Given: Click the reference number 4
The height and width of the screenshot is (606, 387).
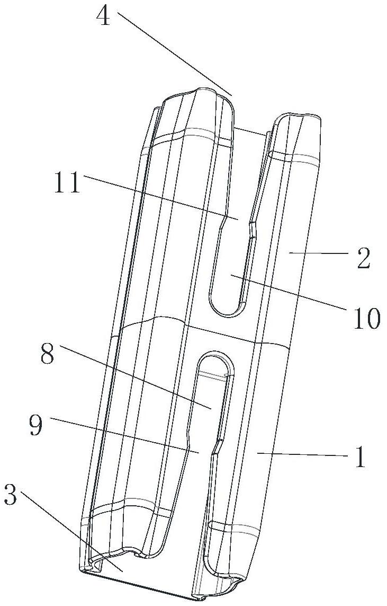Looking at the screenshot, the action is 104,17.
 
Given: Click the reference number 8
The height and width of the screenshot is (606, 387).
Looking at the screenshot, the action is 47,355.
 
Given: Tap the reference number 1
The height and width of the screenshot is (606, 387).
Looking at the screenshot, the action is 360,458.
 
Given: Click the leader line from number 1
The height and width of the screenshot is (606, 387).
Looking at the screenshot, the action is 302,454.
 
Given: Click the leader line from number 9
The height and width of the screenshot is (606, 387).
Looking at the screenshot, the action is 122,435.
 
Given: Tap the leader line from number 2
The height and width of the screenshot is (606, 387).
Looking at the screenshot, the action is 318,254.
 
